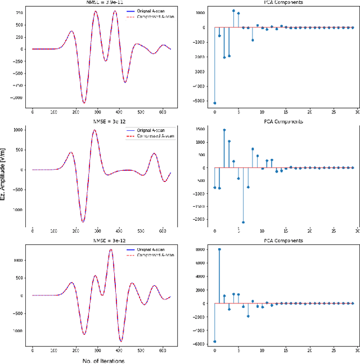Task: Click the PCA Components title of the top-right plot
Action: [282, 2]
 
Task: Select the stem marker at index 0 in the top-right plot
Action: [214, 103]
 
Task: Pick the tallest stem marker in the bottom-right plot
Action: [219, 249]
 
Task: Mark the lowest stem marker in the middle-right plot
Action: [243, 222]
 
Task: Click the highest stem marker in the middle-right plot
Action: [224, 130]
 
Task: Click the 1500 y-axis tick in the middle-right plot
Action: [201, 130]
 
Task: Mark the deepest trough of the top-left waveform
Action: [84, 103]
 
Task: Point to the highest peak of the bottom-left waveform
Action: [111, 249]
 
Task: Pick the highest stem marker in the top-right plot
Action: [233, 11]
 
